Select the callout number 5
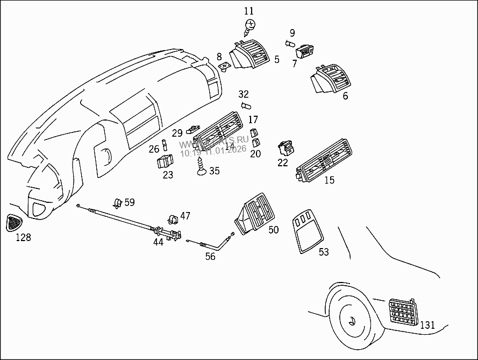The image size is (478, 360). pyautogui.click(x=277, y=60)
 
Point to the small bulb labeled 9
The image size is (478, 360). pyautogui.click(x=290, y=44)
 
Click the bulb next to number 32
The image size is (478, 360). pyautogui.click(x=246, y=105)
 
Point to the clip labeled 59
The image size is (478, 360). pyautogui.click(x=117, y=203)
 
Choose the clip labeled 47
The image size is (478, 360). pyautogui.click(x=173, y=217)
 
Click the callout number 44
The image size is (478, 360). pyautogui.click(x=158, y=242)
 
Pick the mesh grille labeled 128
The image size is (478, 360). pyautogui.click(x=15, y=222)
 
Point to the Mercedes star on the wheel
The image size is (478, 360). pyautogui.click(x=352, y=321)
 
